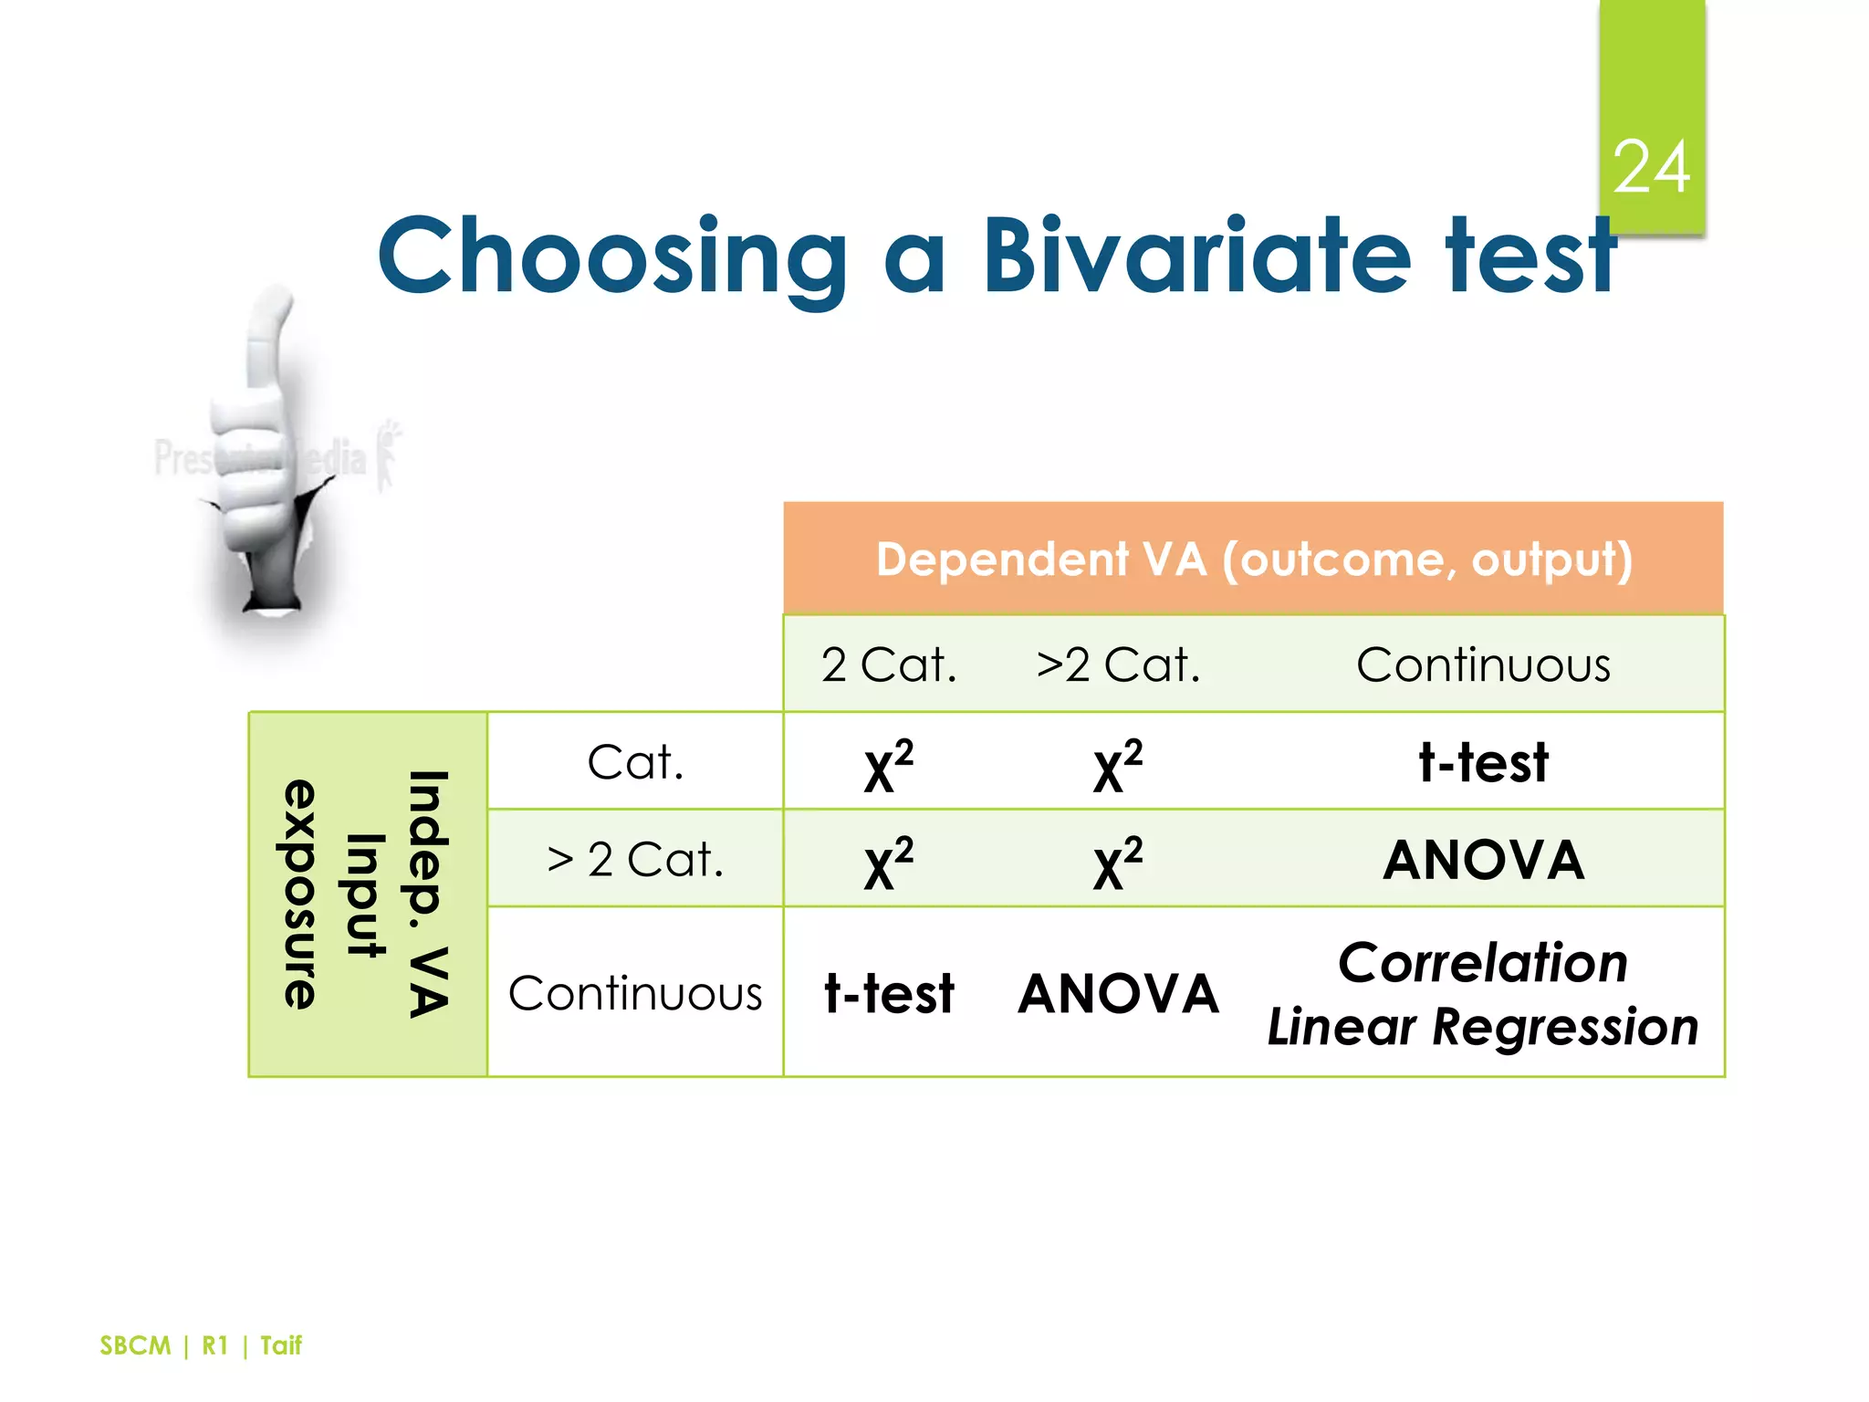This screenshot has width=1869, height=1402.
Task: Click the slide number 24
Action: coord(1651,168)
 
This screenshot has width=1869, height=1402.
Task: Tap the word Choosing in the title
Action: coord(612,257)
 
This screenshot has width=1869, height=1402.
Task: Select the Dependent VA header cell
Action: coord(1253,559)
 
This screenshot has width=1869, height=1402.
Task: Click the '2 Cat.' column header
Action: coord(889,664)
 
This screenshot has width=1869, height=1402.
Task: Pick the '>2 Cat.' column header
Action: coord(1118,664)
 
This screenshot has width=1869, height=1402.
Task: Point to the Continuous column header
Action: coord(1483,664)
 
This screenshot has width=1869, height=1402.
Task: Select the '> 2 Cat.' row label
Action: coord(635,859)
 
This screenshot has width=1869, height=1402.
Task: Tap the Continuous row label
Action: coord(635,993)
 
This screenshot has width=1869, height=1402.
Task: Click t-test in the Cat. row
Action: coord(1483,762)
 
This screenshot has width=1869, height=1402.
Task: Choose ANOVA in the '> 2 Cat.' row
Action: coord(1483,860)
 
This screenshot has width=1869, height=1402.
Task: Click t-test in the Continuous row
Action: coord(889,993)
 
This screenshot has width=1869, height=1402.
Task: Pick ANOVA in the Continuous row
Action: coord(1118,993)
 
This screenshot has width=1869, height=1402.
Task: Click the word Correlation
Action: coord(1483,962)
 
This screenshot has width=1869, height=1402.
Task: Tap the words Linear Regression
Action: coord(1483,1027)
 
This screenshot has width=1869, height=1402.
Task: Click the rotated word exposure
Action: coord(300,894)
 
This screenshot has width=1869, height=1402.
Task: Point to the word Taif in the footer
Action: coord(280,1345)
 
